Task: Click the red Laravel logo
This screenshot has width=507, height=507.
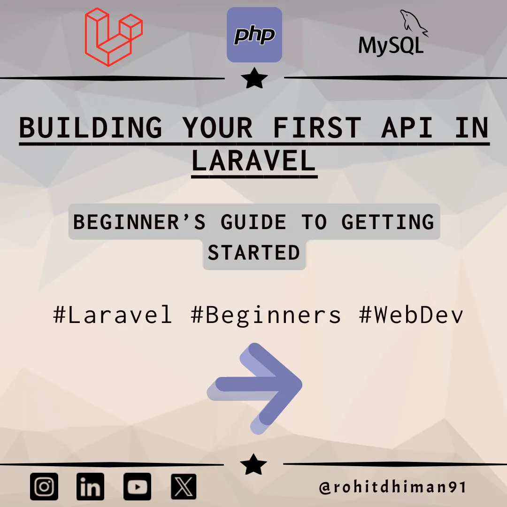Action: coord(113,37)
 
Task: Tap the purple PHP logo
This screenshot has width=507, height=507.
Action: coord(254,35)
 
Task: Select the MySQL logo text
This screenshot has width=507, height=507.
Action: coord(391,45)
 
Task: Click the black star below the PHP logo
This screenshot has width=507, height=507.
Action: coord(254,78)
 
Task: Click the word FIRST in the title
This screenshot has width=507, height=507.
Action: coord(317,127)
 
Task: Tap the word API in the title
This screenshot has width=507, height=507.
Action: coord(407,127)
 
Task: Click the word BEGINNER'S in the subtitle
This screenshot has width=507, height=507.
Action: coord(139,222)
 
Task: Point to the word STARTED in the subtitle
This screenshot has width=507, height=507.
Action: coord(254,253)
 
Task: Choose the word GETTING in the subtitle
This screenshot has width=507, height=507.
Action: coord(388,222)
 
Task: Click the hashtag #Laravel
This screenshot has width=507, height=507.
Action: coord(113,315)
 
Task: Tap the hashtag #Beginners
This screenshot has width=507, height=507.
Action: coord(266,315)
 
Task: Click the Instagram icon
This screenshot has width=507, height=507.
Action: coord(45,486)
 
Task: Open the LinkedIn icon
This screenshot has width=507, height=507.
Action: coord(90,486)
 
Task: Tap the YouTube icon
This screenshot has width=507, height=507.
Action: coord(137,486)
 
